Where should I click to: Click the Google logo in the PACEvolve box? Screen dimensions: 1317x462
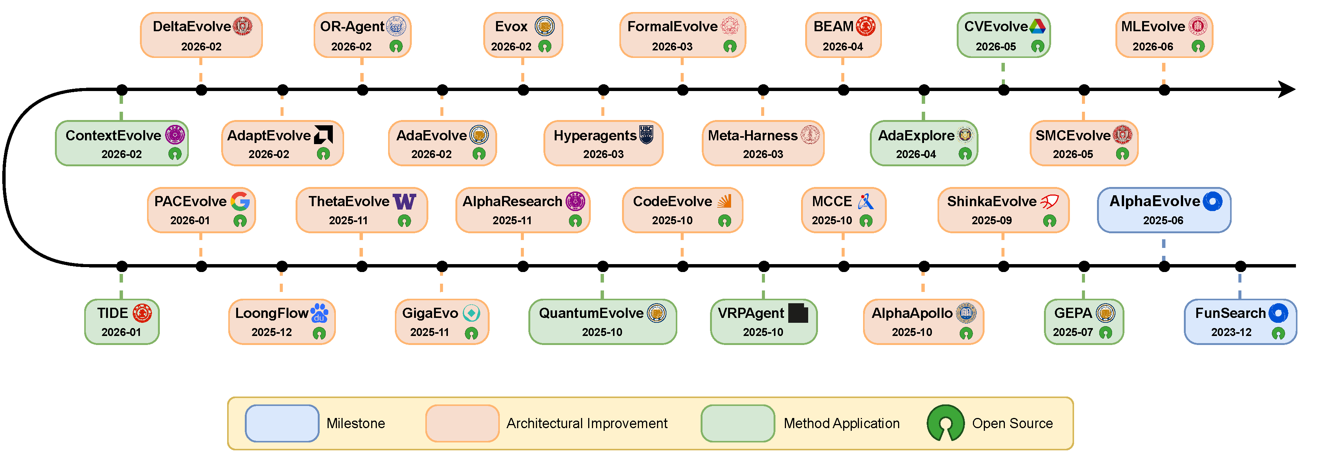pyautogui.click(x=240, y=201)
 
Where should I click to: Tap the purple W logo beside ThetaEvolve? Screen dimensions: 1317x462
pyautogui.click(x=404, y=201)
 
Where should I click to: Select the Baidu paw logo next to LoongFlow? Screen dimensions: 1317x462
pyautogui.click(x=319, y=313)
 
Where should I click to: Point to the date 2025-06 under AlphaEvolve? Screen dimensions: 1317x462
pyautogui.click(x=1163, y=220)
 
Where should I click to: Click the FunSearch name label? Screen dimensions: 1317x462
pyautogui.click(x=1230, y=313)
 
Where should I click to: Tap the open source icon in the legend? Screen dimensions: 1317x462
pyautogui.click(x=945, y=423)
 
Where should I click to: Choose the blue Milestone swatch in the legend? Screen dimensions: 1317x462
pyautogui.click(x=282, y=423)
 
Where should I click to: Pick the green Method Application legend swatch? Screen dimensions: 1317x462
pyautogui.click(x=738, y=423)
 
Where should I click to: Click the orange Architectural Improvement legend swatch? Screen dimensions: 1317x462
pyautogui.click(x=462, y=423)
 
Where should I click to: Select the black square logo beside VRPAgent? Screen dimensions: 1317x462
pyautogui.click(x=798, y=313)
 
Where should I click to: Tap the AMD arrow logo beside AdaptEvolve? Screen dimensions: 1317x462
pyautogui.click(x=323, y=135)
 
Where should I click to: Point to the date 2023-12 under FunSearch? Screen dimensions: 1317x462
pyautogui.click(x=1231, y=333)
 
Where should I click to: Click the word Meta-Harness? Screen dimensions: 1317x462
pyautogui.click(x=752, y=135)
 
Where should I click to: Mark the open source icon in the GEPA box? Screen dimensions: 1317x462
pyautogui.click(x=1105, y=333)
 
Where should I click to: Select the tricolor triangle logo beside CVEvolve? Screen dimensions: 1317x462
pyautogui.click(x=1037, y=26)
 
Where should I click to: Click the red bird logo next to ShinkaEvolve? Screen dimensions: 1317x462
pyautogui.click(x=1049, y=201)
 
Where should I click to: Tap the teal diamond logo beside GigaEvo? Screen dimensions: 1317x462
pyautogui.click(x=471, y=313)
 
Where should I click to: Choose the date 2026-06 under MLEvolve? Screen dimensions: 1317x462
pyautogui.click(x=1153, y=47)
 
